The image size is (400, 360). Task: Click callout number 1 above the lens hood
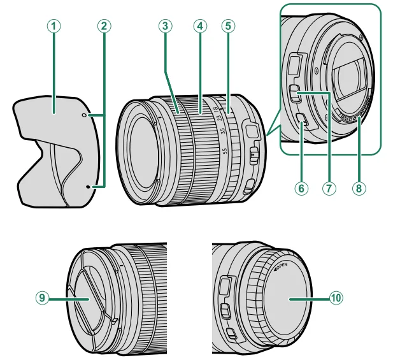pos(55,26)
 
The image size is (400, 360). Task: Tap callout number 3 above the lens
pos(165,26)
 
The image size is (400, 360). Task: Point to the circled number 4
pos(199,26)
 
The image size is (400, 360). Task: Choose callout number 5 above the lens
pos(228,26)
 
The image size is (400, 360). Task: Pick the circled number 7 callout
pos(329,189)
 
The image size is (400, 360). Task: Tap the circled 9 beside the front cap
pos(41,297)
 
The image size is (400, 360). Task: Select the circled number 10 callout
pos(336,298)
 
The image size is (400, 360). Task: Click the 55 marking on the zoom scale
pos(225,152)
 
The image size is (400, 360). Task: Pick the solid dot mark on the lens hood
pos(88,187)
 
